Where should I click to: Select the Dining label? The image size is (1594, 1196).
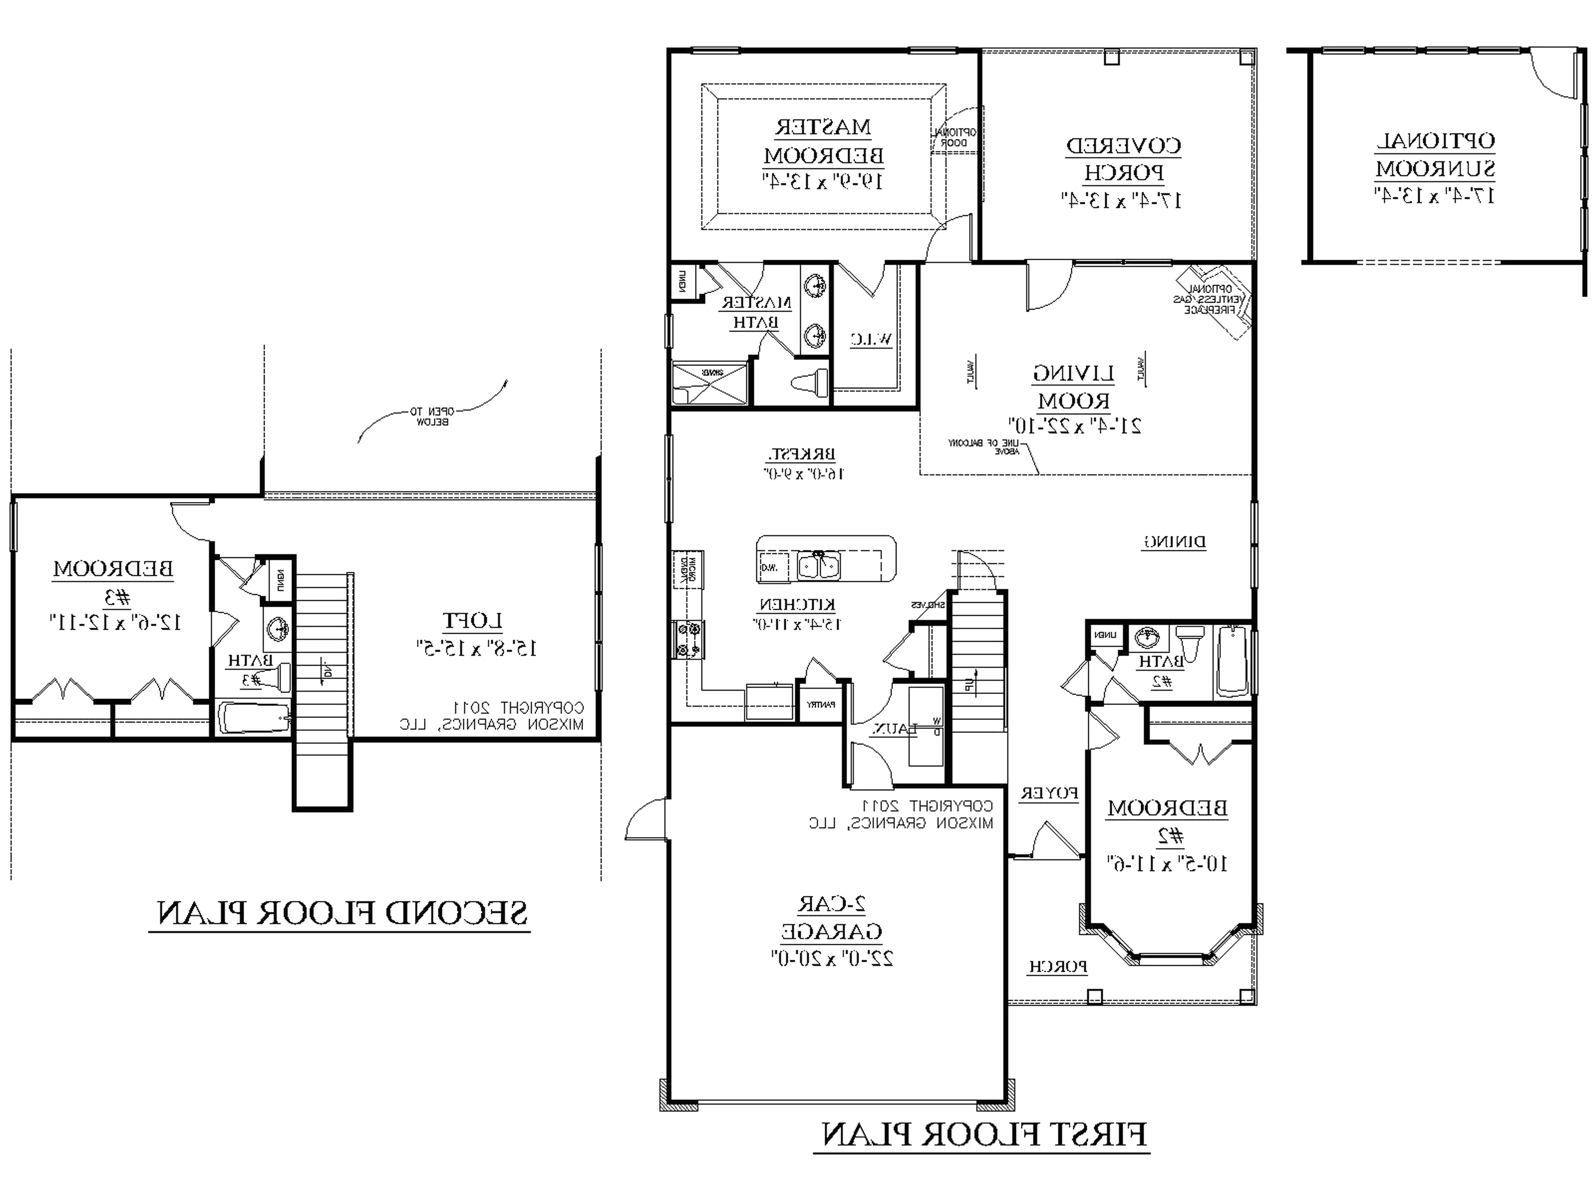click(x=1174, y=542)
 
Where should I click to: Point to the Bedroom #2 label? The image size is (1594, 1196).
click(x=1167, y=822)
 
